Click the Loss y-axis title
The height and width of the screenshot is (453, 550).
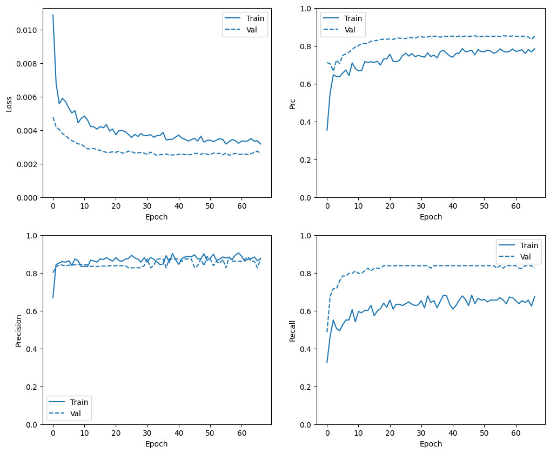click(x=9, y=103)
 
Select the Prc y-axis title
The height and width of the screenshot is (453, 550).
click(x=293, y=103)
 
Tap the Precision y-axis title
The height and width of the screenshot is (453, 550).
click(x=19, y=330)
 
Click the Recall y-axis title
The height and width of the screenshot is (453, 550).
click(x=293, y=330)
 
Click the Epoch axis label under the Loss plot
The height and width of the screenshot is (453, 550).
click(x=156, y=217)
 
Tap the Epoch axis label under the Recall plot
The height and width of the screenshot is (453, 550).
click(x=431, y=444)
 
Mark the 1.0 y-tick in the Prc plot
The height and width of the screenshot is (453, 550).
click(x=307, y=9)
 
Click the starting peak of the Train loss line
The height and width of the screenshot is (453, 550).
click(x=53, y=15)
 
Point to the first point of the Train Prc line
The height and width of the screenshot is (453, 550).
click(x=327, y=130)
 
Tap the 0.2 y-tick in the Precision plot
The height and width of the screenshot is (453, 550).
click(x=32, y=387)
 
